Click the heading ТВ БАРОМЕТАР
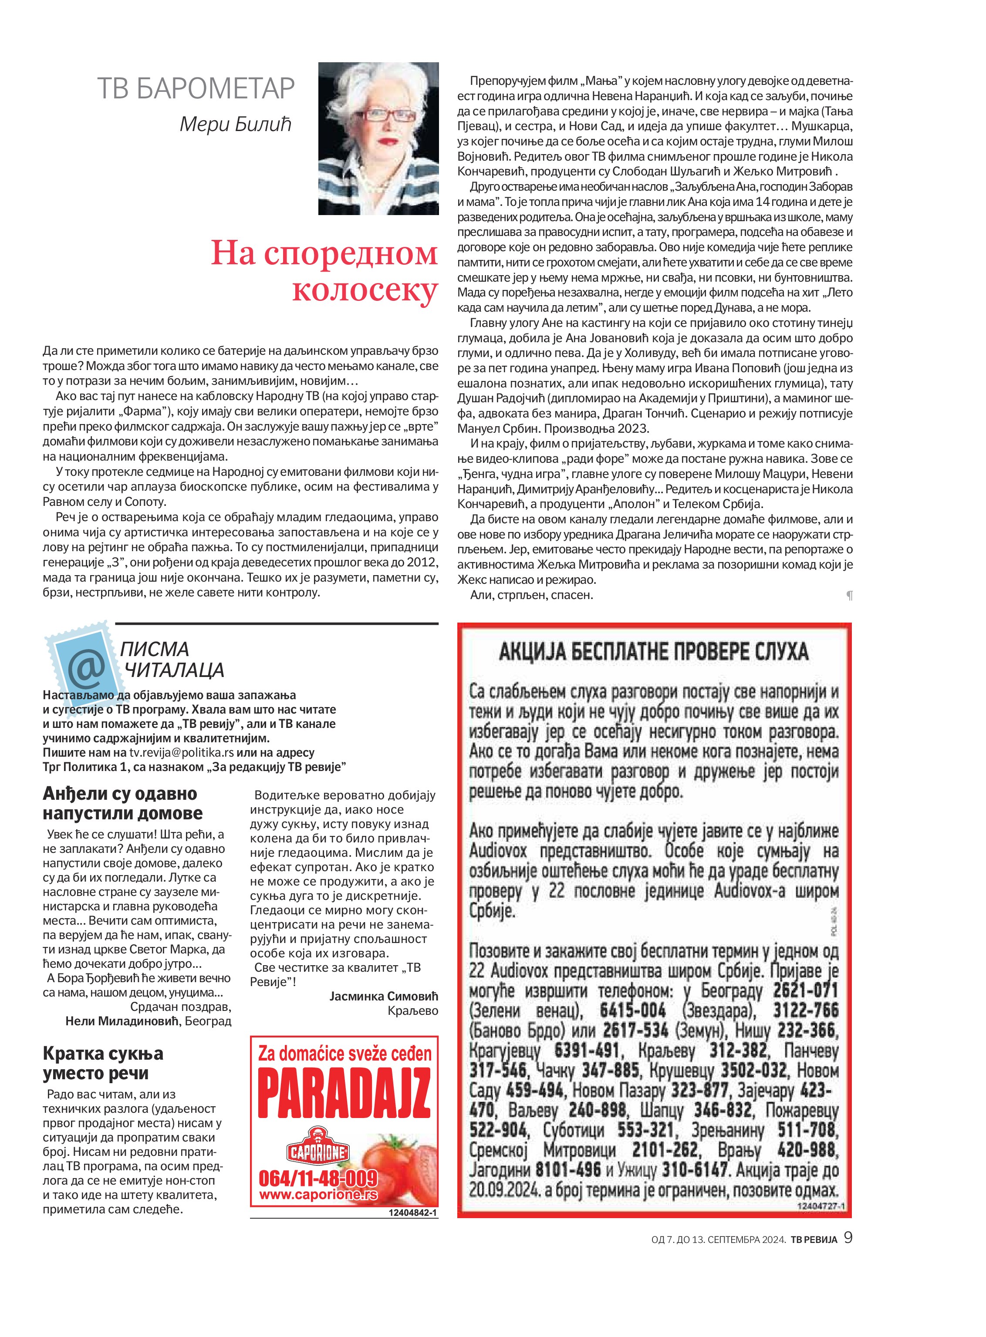pyautogui.click(x=196, y=88)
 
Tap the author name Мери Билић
pyautogui.click(x=235, y=124)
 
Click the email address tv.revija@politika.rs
pyautogui.click(x=182, y=752)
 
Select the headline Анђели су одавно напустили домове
pyautogui.click(x=122, y=803)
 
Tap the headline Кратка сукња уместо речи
pyautogui.click(x=103, y=1063)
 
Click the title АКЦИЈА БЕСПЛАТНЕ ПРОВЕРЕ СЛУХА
pyautogui.click(x=654, y=651)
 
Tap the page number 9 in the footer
pyautogui.click(x=848, y=1239)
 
